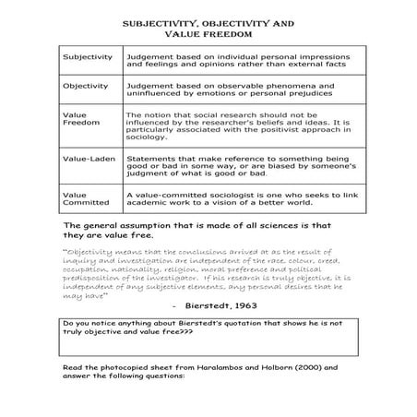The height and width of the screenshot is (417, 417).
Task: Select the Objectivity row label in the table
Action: point(85,86)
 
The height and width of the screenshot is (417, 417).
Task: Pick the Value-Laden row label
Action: point(84,159)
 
